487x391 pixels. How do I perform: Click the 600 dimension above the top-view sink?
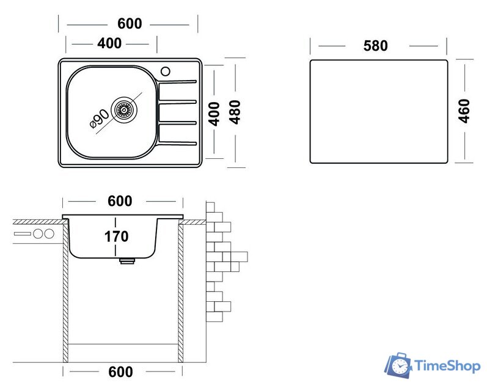click(x=129, y=24)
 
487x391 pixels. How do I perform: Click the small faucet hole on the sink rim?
click(x=165, y=71)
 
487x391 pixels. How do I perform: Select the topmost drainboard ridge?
click(x=178, y=81)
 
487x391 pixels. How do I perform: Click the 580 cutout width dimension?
click(x=375, y=46)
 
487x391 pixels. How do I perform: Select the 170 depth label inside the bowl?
click(x=117, y=235)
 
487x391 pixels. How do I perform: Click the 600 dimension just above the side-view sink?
click(x=120, y=202)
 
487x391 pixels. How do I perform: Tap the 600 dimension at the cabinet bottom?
click(x=120, y=371)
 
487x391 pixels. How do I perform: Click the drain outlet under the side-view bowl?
click(x=126, y=261)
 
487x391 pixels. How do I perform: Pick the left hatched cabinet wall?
click(x=65, y=293)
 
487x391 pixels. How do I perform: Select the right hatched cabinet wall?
click(x=181, y=293)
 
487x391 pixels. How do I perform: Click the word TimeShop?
click(x=447, y=365)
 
